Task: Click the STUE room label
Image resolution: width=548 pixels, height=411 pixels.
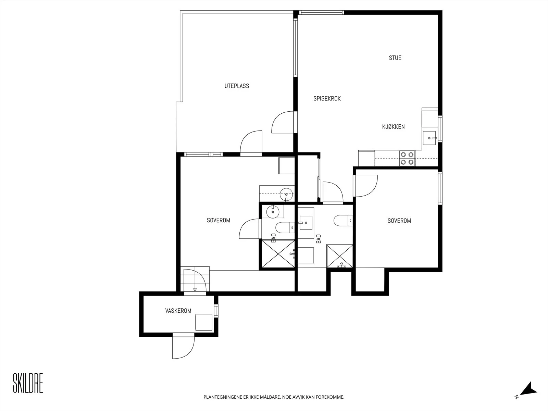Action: (395, 58)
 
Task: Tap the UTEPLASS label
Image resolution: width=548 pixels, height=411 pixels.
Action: (237, 86)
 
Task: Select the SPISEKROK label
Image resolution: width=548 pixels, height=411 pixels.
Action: (327, 99)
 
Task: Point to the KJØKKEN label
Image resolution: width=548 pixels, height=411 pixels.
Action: (393, 127)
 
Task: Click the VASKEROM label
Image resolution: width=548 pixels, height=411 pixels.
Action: (178, 311)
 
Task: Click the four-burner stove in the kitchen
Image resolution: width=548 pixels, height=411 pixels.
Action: (407, 158)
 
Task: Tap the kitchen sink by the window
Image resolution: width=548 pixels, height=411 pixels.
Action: (429, 138)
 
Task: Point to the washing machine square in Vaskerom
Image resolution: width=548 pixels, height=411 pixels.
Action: (204, 322)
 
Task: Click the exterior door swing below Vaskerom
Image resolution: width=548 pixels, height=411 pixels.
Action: (183, 347)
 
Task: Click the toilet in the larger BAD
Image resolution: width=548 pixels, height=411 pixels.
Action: (343, 220)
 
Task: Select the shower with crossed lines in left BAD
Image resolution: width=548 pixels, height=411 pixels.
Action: (278, 254)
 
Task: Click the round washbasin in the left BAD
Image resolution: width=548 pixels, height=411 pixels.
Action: (273, 212)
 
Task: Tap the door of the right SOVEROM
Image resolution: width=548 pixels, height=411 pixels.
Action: (365, 186)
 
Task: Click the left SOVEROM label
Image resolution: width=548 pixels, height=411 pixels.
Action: (219, 220)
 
